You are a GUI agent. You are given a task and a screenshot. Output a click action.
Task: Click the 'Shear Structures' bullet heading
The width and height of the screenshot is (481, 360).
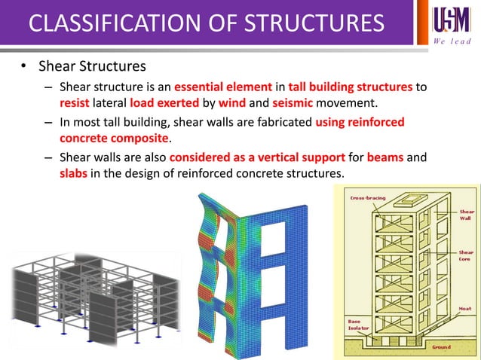[x=93, y=67]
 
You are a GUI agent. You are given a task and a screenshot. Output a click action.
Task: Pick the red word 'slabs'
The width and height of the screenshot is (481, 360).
[x=75, y=175]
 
